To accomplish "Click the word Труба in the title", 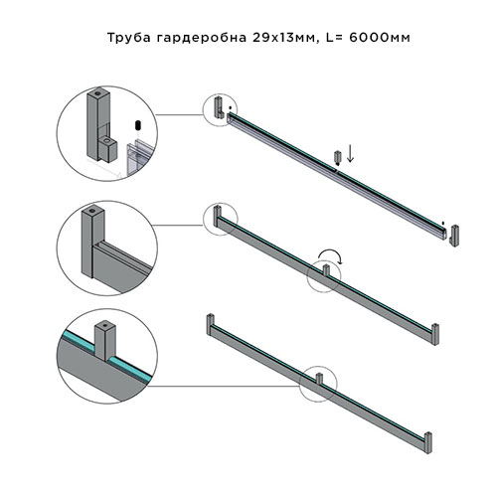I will [x=126, y=38].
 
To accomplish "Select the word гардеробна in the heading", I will [x=195, y=38].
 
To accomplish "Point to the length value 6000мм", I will [x=378, y=38].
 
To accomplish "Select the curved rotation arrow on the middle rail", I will [x=336, y=258].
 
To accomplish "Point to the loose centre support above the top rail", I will [x=337, y=157].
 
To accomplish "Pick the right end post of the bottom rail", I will [x=428, y=440].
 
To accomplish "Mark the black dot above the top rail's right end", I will [x=442, y=212].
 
